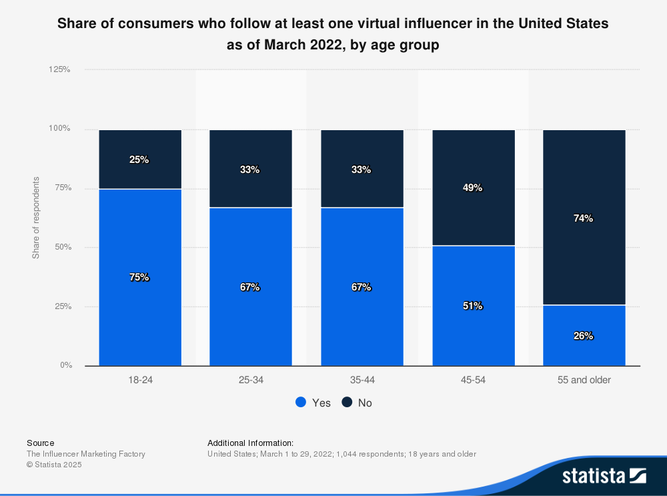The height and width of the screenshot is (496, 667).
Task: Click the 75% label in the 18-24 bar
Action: (x=139, y=277)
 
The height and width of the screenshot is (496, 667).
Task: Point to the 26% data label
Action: (x=584, y=336)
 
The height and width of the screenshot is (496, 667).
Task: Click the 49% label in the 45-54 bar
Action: (x=473, y=188)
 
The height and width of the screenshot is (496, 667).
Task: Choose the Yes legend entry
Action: (x=313, y=403)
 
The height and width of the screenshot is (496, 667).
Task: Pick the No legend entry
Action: (x=358, y=403)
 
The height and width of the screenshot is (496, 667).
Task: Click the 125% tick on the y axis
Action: (x=60, y=69)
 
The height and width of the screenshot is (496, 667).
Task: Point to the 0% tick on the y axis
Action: (x=65, y=365)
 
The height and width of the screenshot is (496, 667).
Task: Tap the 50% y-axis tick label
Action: (x=63, y=247)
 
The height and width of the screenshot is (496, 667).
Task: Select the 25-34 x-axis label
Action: (x=250, y=380)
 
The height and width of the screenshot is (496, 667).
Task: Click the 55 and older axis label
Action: (x=584, y=380)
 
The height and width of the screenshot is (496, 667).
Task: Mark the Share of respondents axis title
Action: (x=36, y=218)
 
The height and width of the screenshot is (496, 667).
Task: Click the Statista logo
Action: (x=604, y=475)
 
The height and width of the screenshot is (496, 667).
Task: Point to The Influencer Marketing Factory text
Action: (x=85, y=454)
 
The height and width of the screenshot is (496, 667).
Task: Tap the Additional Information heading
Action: (x=250, y=443)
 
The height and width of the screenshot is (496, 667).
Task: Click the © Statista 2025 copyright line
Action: (x=54, y=465)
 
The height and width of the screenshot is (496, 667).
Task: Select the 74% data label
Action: (x=584, y=218)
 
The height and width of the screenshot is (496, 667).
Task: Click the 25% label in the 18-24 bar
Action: (x=139, y=160)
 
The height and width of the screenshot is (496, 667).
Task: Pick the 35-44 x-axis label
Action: (x=362, y=380)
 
